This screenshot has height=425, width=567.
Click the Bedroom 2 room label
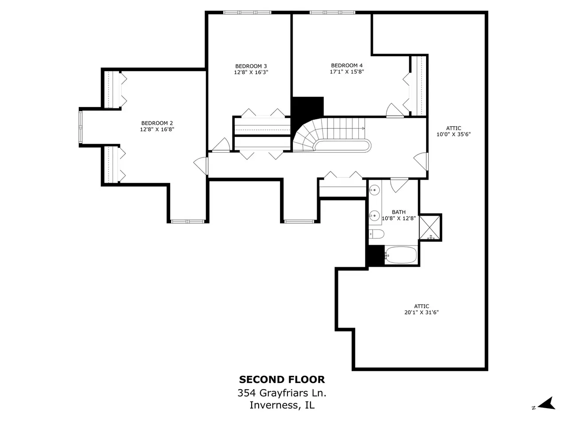click(x=157, y=123)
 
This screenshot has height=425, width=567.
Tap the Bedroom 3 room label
click(x=251, y=66)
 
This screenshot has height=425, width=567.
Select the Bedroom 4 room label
click(x=347, y=66)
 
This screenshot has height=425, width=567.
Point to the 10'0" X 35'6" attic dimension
click(x=454, y=134)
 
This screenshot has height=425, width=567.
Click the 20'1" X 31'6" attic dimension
click(x=422, y=312)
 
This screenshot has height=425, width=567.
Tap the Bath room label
click(x=399, y=212)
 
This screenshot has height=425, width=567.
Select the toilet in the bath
click(x=376, y=234)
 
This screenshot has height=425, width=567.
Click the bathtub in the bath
click(x=400, y=255)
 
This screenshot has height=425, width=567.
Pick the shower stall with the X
click(x=430, y=228)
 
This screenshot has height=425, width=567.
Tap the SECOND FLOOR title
click(x=282, y=379)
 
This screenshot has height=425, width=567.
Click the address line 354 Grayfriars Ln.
click(x=282, y=393)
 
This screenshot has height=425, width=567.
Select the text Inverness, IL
click(x=282, y=405)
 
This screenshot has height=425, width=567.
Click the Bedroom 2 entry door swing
click(x=201, y=166)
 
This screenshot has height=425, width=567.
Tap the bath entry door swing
click(x=399, y=185)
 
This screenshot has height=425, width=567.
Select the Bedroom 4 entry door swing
click(x=395, y=110)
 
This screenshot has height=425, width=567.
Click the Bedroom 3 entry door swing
click(x=221, y=145)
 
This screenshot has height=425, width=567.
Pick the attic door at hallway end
click(x=421, y=162)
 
